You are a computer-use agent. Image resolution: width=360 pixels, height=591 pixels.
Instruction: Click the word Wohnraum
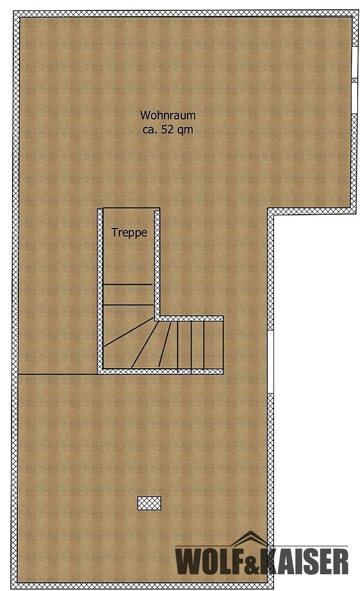click(x=167, y=115)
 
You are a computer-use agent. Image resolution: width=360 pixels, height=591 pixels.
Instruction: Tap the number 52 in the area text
click(x=167, y=129)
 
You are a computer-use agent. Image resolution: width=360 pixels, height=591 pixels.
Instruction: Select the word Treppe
click(x=129, y=233)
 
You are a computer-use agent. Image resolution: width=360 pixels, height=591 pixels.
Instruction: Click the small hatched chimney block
click(x=149, y=503)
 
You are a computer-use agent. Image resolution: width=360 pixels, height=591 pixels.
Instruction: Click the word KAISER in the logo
click(x=306, y=561)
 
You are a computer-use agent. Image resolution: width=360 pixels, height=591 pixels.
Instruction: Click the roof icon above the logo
click(x=249, y=538)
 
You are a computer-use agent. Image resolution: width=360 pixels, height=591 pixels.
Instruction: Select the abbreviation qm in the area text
click(x=185, y=130)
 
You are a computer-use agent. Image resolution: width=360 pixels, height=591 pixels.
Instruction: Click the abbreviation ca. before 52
click(x=151, y=130)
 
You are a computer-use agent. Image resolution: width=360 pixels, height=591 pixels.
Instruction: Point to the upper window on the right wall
click(x=354, y=62)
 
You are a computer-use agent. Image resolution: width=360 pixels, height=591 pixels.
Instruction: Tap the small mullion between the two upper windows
click(x=354, y=80)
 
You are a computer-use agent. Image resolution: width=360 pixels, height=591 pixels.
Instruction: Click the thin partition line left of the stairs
click(x=58, y=374)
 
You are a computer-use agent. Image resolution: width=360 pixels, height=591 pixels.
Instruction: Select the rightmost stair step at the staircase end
click(x=213, y=345)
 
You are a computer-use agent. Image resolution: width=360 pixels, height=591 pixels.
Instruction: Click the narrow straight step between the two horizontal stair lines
click(x=128, y=294)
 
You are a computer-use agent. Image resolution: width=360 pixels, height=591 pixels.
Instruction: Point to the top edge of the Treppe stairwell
click(x=131, y=208)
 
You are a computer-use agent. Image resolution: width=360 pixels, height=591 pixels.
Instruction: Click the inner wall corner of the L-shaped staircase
click(x=157, y=319)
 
